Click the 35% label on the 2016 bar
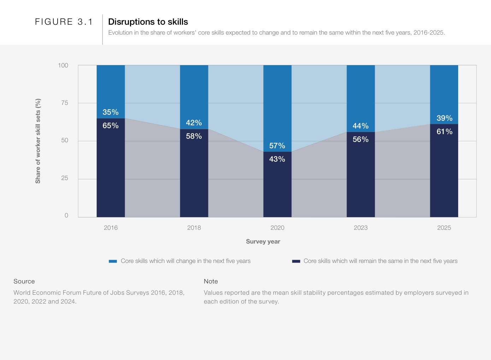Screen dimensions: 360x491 pos(111,112)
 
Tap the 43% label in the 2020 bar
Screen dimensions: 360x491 pos(277,159)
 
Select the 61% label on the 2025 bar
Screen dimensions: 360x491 pos(444,132)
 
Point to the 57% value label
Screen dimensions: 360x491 pos(277,146)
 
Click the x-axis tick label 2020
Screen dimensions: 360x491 pos(277,228)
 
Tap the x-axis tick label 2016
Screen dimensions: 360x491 pos(111,228)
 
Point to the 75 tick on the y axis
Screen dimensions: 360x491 pos(65,103)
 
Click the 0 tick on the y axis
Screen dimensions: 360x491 pos(66,215)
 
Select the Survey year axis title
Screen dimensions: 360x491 pos(263,241)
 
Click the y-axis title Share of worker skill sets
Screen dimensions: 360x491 pos(38,141)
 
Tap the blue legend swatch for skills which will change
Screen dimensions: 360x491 pos(113,261)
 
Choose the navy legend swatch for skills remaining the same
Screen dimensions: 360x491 pos(296,261)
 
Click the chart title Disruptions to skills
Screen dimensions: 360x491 pos(148,22)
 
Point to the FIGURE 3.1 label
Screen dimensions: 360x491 pos(64,22)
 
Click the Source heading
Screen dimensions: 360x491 pos(24,281)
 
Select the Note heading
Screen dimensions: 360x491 pos(211,281)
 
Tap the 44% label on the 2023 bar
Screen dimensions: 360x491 pos(360,126)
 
